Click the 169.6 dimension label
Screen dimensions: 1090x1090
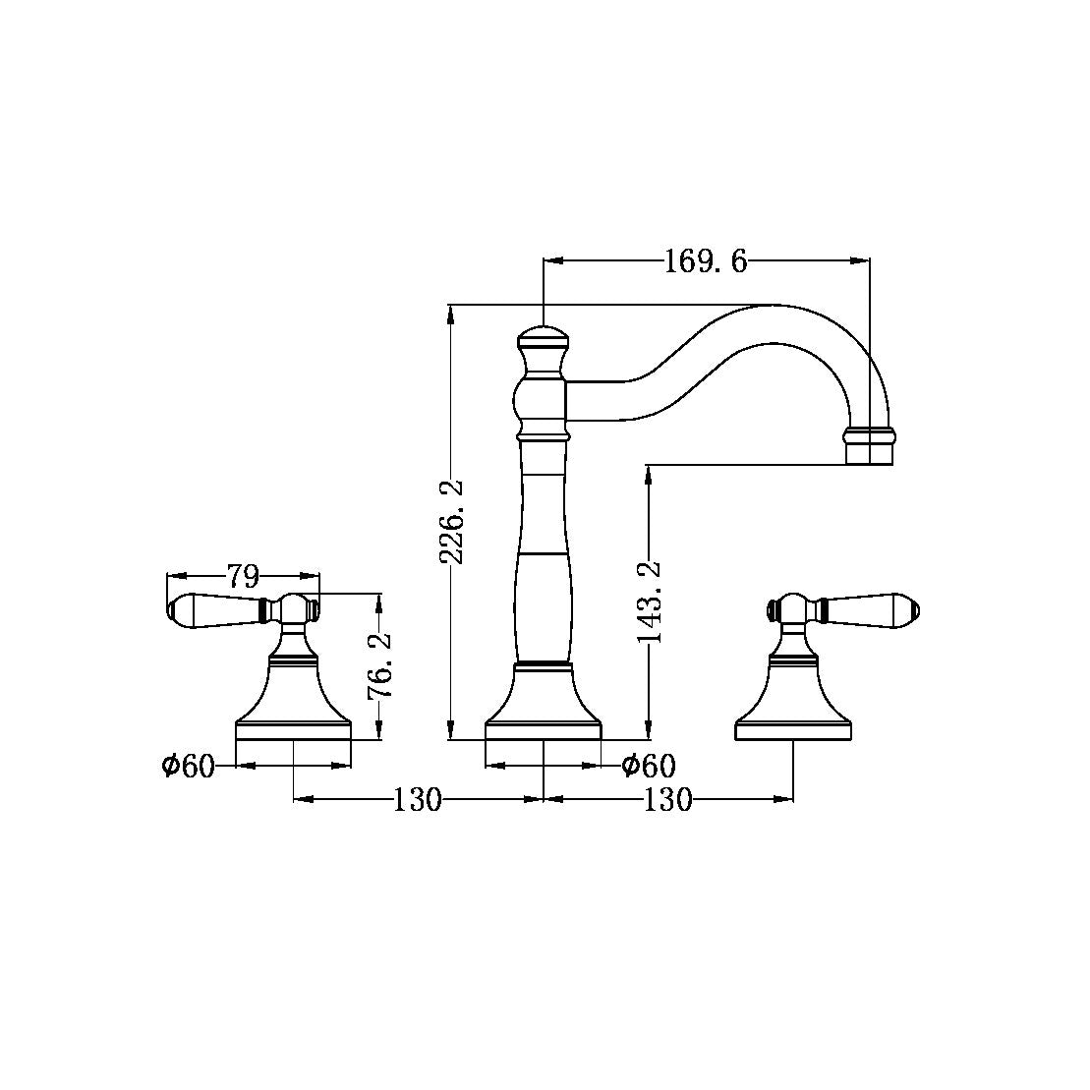pyautogui.click(x=706, y=261)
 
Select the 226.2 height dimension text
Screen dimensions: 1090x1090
pyautogui.click(x=451, y=521)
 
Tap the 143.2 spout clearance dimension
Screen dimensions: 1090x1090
pyautogui.click(x=650, y=602)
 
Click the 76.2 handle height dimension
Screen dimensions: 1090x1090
pyautogui.click(x=379, y=665)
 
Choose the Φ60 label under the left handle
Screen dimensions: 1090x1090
pyautogui.click(x=189, y=766)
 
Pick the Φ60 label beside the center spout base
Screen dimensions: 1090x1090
pyautogui.click(x=649, y=766)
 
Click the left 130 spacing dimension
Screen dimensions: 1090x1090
pyautogui.click(x=418, y=800)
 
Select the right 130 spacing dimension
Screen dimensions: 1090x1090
pyautogui.click(x=668, y=800)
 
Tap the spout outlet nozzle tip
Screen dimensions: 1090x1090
pyautogui.click(x=869, y=446)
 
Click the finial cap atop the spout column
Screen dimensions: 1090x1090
pyautogui.click(x=543, y=345)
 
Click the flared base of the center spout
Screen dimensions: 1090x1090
pyautogui.click(x=543, y=703)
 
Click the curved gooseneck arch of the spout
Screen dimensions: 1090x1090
pyautogui.click(x=776, y=324)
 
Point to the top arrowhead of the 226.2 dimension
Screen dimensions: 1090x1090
pyautogui.click(x=451, y=314)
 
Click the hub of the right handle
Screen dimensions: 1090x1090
pyautogui.click(x=793, y=610)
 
